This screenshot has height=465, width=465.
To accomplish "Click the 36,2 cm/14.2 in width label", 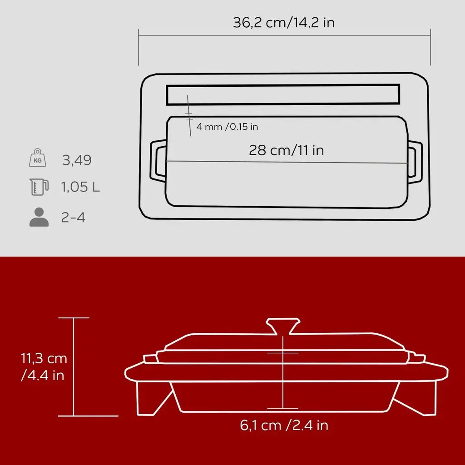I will click(284, 23).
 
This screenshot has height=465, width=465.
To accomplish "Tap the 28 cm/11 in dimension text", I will click(286, 150).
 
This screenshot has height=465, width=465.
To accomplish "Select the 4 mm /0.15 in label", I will click(227, 127).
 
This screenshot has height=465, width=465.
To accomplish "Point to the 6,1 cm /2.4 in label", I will click(284, 425).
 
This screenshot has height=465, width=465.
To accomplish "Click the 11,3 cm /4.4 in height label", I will click(44, 367).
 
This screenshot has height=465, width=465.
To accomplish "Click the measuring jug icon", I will click(39, 187).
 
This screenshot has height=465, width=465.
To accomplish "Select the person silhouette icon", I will click(39, 218).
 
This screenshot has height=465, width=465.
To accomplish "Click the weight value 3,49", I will click(77, 160).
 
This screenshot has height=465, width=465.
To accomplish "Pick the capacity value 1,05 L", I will click(80, 187).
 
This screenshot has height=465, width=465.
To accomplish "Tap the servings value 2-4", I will click(73, 218).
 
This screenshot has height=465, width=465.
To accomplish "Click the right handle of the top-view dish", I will click(415, 160).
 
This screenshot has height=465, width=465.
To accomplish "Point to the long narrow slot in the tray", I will click(283, 94).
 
